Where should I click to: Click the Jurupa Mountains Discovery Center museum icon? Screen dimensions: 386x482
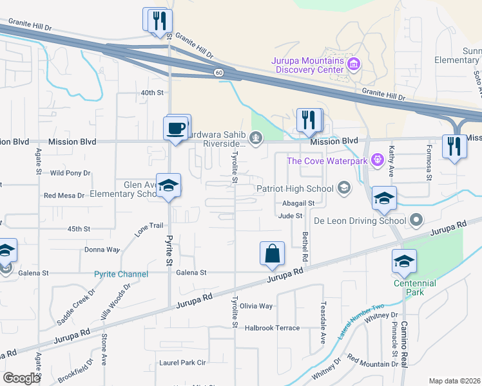[x=353, y=64]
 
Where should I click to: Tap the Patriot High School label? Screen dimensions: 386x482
[x=294, y=188]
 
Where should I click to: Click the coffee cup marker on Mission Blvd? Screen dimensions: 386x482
[x=176, y=127]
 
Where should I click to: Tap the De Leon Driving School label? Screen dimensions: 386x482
[x=360, y=221]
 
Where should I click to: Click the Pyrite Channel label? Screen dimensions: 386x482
[x=121, y=274]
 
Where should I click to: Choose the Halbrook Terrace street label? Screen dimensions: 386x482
[x=272, y=328]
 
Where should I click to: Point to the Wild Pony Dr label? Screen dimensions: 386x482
[x=70, y=173]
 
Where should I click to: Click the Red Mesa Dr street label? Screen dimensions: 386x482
[x=64, y=196]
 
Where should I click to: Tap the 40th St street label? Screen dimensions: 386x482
[x=153, y=93]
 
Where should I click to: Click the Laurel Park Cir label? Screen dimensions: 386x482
[x=182, y=363]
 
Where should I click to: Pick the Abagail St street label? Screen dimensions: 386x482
[x=298, y=203]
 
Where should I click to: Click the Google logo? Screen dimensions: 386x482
[x=21, y=378]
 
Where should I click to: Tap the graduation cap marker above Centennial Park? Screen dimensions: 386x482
[x=404, y=261]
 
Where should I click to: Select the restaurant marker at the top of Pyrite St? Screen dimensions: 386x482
[x=157, y=20]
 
